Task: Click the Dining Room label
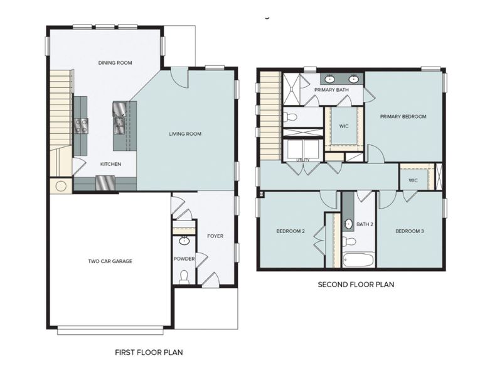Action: tap(115, 63)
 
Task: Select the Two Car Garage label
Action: tap(110, 261)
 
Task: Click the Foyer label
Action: tap(215, 236)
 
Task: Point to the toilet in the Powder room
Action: tap(184, 276)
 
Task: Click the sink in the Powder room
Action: tap(184, 241)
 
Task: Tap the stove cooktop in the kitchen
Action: tap(81, 125)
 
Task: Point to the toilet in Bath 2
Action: tap(350, 241)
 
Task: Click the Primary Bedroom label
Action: tap(403, 116)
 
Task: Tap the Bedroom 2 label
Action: tap(291, 231)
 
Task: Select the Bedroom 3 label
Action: tap(410, 231)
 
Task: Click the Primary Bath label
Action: tap(331, 90)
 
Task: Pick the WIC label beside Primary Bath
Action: tap(343, 126)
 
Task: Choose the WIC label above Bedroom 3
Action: tap(412, 180)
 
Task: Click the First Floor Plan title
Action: tap(149, 352)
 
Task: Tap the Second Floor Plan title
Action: tap(356, 285)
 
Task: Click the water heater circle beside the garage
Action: tap(61, 186)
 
